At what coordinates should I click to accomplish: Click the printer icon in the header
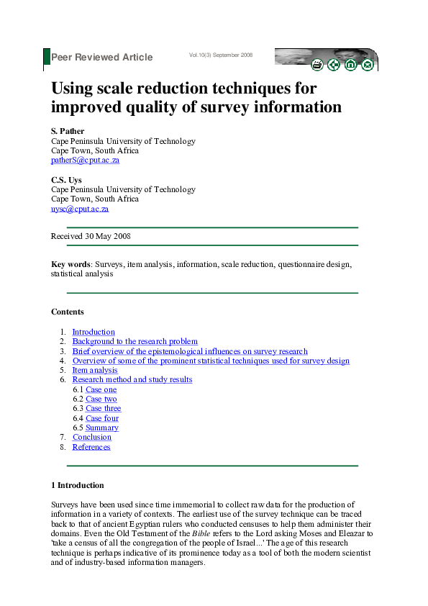(x=317, y=65)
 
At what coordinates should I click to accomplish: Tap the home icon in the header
(x=351, y=65)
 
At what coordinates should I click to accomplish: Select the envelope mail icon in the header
(x=368, y=65)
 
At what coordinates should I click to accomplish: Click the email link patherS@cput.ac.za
(x=85, y=160)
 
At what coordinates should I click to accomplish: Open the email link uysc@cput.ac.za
(x=80, y=209)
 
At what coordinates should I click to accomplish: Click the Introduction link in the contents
(x=94, y=332)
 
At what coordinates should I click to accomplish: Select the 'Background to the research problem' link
(x=135, y=341)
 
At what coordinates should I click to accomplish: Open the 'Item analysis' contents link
(x=95, y=370)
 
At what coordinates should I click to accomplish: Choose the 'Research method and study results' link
(x=132, y=379)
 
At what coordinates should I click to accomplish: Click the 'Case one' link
(x=101, y=389)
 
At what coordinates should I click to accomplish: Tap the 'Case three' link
(x=104, y=408)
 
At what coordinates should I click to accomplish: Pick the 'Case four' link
(x=102, y=418)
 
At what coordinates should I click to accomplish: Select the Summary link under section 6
(x=102, y=428)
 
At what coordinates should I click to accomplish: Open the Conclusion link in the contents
(x=92, y=437)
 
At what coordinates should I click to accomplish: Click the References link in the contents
(x=91, y=447)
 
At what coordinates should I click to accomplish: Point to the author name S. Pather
(x=68, y=132)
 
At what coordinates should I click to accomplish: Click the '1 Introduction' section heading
(x=78, y=485)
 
